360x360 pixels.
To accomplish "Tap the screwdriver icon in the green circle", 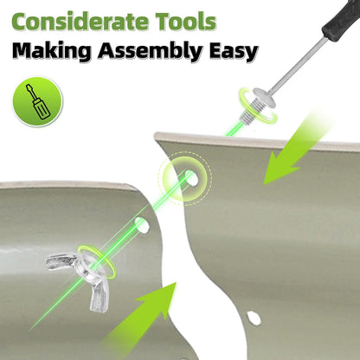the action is (37, 101).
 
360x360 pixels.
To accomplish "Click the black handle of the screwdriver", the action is (341, 20).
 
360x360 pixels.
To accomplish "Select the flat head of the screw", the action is (264, 98).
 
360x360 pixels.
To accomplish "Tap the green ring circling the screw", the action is (258, 105).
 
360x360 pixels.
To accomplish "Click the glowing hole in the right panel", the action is (191, 177).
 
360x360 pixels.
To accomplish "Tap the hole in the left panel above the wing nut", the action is (142, 225).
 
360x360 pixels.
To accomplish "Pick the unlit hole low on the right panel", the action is (254, 318).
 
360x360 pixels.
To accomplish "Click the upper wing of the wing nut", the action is (61, 261).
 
